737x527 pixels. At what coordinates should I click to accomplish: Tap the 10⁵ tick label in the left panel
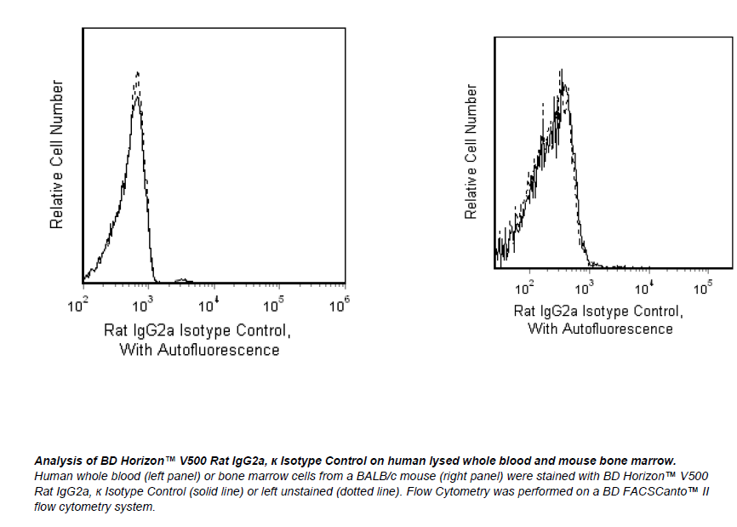point(274,304)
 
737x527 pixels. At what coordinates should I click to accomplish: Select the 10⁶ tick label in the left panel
point(339,304)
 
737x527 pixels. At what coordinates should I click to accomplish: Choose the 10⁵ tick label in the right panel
point(703,288)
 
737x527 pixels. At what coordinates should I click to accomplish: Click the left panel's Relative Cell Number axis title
point(57,154)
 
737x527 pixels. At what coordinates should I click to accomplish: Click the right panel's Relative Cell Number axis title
point(471,151)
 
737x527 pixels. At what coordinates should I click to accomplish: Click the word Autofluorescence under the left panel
point(217,349)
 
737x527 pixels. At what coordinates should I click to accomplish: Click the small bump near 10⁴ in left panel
point(182,279)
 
